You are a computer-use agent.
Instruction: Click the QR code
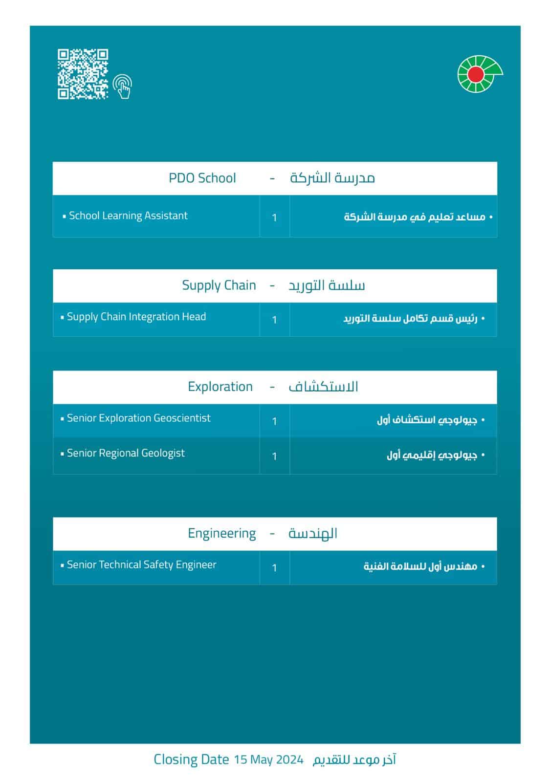tap(83, 74)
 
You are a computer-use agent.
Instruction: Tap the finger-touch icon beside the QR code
tap(123, 86)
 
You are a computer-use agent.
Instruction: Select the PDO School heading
tap(202, 178)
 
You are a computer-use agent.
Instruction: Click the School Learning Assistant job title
tap(128, 216)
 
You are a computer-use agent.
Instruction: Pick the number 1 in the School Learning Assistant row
tap(274, 217)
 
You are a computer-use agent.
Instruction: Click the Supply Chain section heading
tap(219, 285)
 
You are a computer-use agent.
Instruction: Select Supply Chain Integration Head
tap(136, 317)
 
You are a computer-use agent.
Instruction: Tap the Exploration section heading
tap(220, 387)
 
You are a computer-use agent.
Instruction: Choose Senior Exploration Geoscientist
tap(138, 418)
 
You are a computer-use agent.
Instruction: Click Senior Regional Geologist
tap(126, 453)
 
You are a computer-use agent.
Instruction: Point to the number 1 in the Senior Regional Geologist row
tap(274, 456)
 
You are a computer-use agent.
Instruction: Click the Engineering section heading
tap(221, 533)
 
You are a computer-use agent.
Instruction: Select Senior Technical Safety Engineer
tap(141, 565)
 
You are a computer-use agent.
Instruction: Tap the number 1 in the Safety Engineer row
tap(274, 568)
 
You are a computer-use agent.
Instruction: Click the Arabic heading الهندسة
tap(313, 533)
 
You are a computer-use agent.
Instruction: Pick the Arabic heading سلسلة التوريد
tap(327, 285)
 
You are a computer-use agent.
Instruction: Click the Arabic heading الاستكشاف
tap(323, 387)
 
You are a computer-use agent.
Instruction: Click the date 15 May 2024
tap(268, 760)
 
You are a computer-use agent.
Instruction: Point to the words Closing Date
tap(191, 760)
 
